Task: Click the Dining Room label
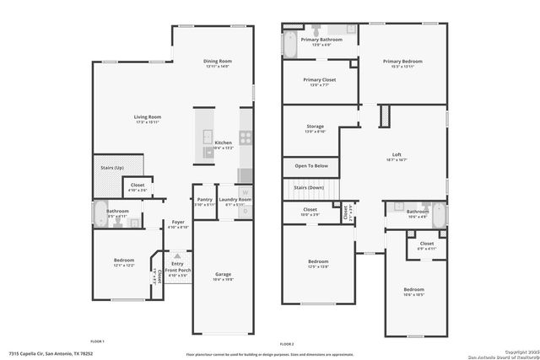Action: click(218, 61)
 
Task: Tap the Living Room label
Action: click(147, 116)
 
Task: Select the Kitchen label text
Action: click(223, 142)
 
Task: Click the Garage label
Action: click(223, 274)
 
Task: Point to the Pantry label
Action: click(203, 199)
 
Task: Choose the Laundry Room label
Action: click(235, 199)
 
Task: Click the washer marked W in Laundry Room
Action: click(246, 192)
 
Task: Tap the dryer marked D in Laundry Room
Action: click(246, 211)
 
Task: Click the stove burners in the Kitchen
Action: click(246, 137)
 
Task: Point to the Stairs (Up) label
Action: click(112, 168)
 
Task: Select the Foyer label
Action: click(177, 223)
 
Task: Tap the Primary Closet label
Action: click(314, 80)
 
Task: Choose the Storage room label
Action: click(314, 126)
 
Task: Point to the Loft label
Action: click(397, 154)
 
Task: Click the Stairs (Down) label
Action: click(308, 187)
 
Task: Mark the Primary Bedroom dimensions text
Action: click(402, 67)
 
